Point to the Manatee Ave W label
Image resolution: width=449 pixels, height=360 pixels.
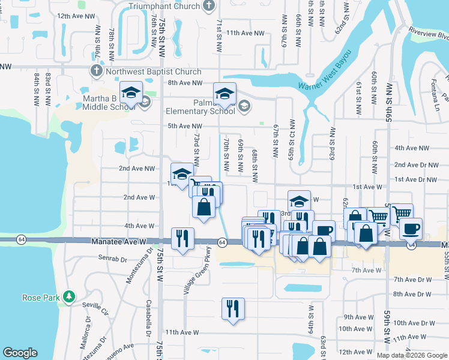119,241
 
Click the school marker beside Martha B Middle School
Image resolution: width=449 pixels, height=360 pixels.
130,93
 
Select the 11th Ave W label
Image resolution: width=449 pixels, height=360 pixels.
181,332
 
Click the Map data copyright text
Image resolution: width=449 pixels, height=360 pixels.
412,355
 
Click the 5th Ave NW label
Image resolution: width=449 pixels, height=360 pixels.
181,125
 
